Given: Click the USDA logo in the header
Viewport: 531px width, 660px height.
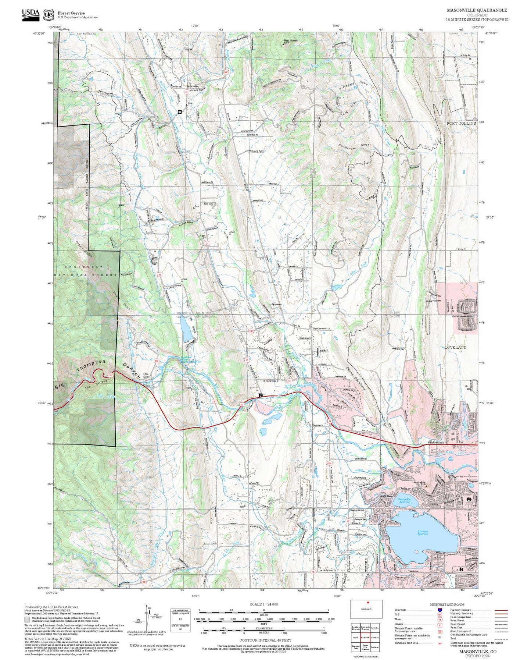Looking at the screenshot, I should click(x=31, y=14).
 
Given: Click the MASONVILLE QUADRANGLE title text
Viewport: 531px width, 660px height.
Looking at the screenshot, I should click(x=477, y=10).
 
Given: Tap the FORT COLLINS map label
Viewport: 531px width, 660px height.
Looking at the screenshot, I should click(x=461, y=123).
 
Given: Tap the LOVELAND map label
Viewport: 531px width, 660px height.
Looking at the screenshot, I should click(x=455, y=347).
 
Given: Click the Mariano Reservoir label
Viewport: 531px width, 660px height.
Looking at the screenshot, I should click(x=423, y=532).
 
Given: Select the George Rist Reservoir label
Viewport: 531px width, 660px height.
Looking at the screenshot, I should click(x=404, y=501).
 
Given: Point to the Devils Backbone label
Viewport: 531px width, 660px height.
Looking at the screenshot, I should click(x=356, y=379).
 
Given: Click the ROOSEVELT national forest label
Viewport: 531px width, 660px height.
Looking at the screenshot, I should click(x=84, y=267).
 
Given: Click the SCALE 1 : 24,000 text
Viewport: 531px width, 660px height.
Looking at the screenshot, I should click(x=263, y=604).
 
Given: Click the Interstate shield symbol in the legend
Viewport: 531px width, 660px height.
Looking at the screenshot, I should click(x=439, y=610).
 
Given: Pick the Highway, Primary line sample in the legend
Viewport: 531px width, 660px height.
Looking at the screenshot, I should click(x=501, y=610).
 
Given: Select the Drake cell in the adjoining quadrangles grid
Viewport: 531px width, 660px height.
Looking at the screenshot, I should click(x=355, y=638).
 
